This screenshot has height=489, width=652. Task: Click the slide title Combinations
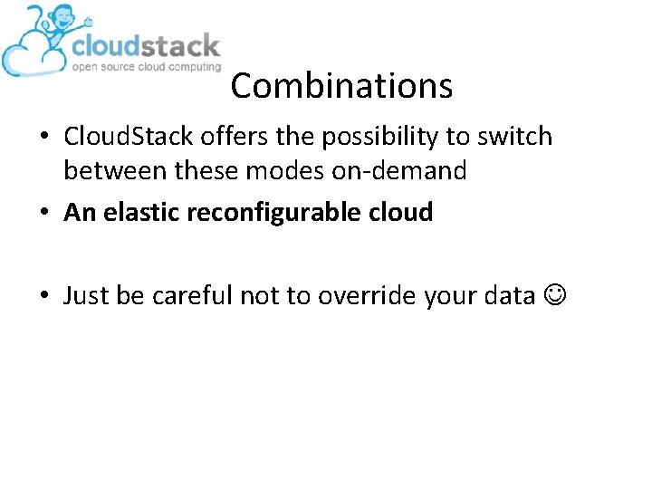point(340,86)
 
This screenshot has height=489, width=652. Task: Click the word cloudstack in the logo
point(145,45)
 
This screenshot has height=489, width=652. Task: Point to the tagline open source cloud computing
point(146,67)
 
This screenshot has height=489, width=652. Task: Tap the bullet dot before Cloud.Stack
point(44,138)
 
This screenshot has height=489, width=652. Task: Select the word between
point(118,170)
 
